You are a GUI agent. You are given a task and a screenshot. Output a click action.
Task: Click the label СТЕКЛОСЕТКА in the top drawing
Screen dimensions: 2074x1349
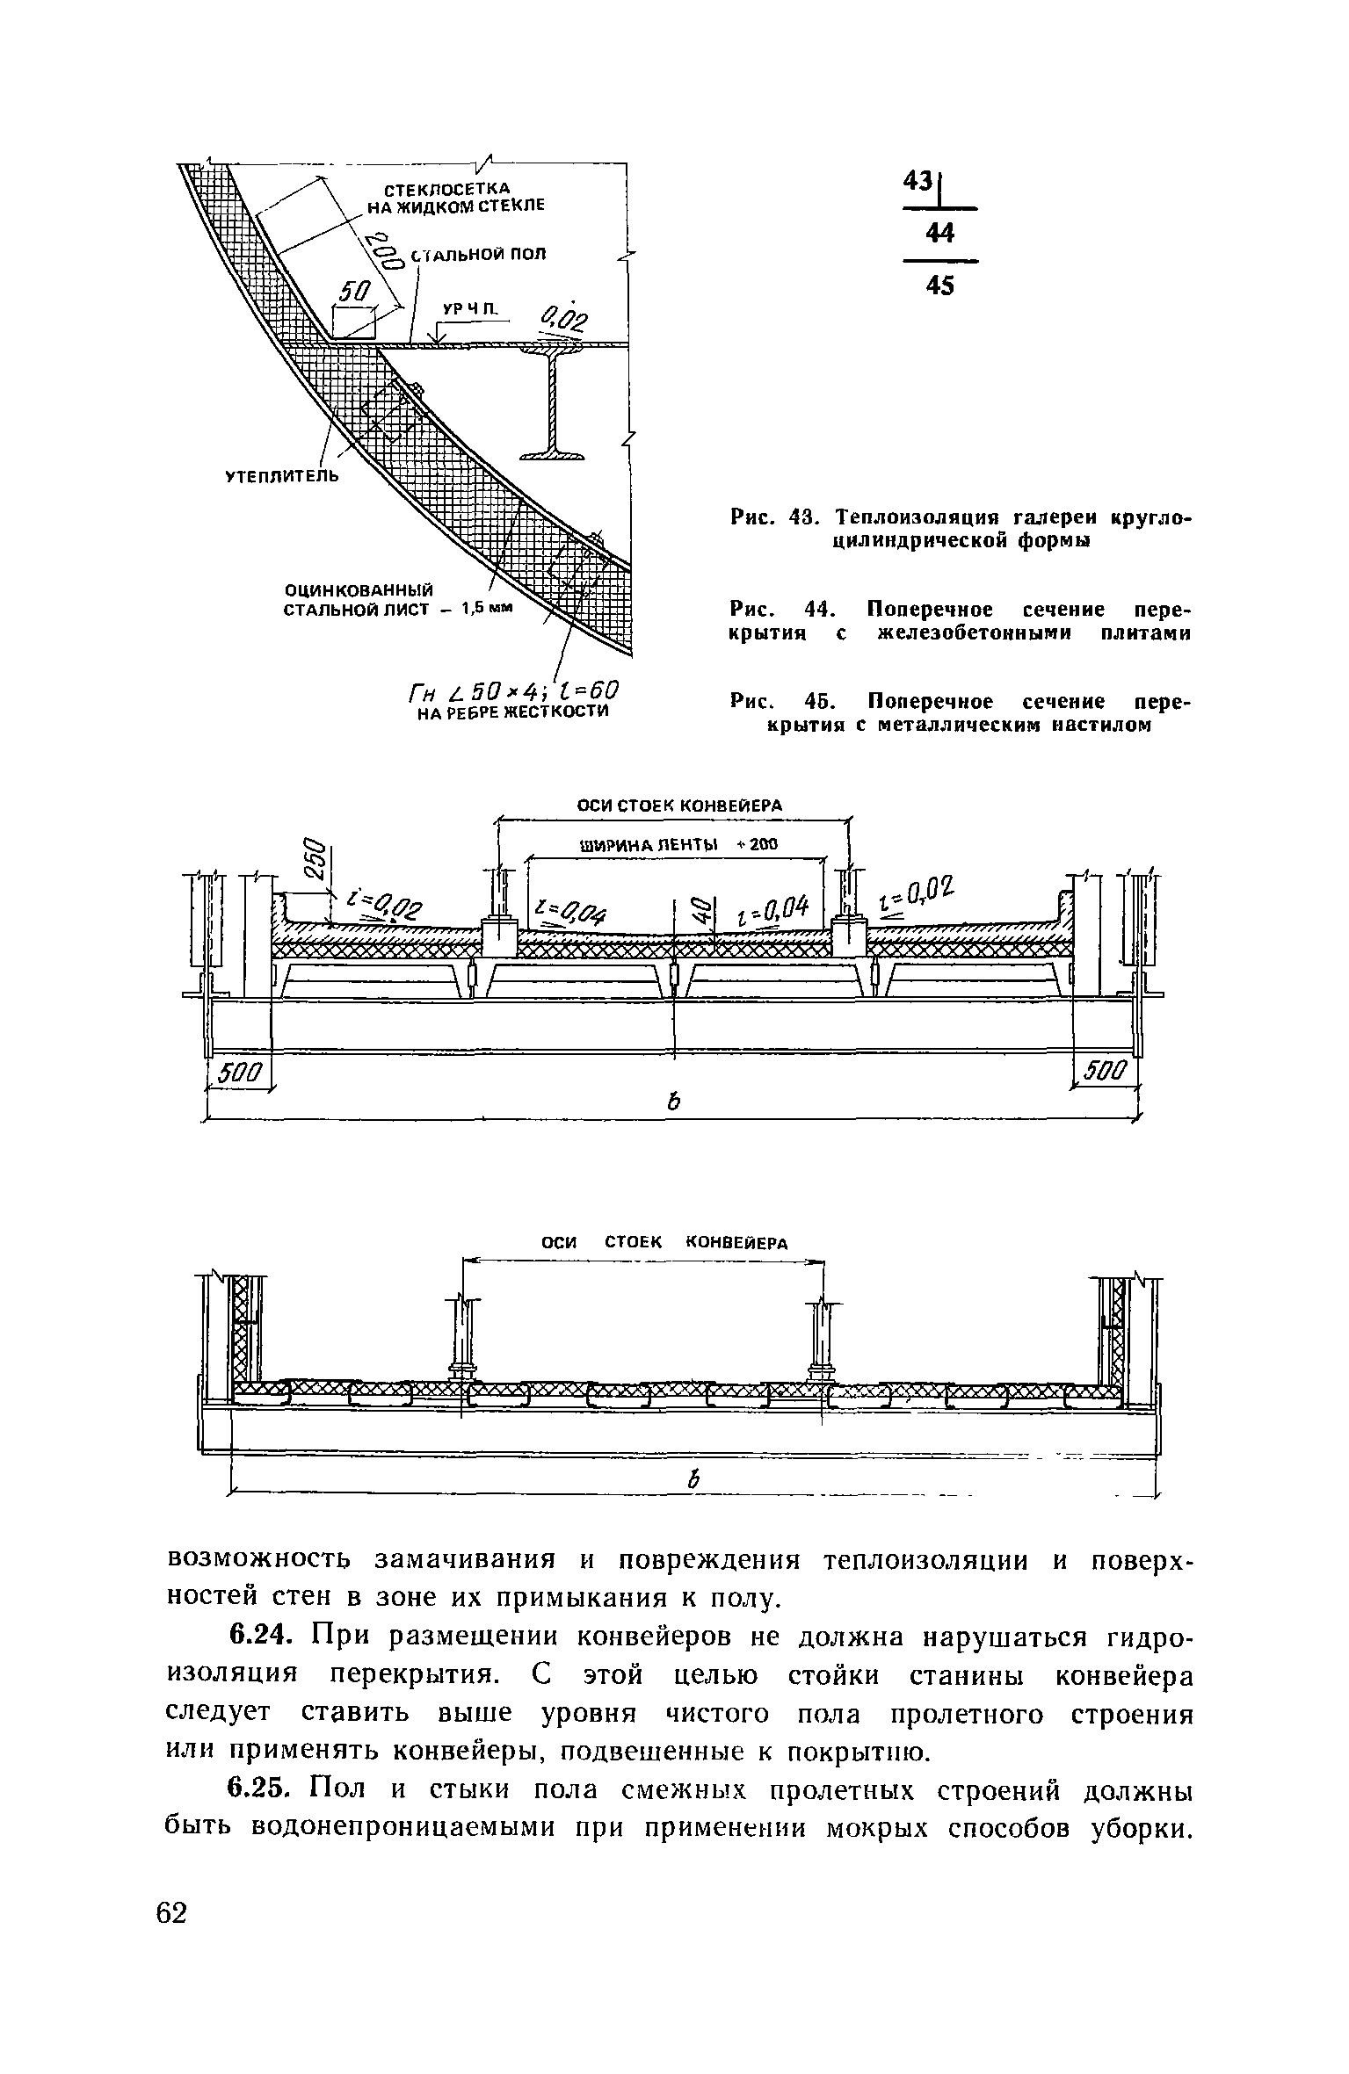(446, 189)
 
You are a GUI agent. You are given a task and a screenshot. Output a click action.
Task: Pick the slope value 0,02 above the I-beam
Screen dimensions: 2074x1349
(567, 321)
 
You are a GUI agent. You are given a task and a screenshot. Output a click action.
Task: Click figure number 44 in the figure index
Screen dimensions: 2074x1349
(939, 233)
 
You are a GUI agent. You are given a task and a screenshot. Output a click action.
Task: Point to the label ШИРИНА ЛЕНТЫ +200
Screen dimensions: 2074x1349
(678, 846)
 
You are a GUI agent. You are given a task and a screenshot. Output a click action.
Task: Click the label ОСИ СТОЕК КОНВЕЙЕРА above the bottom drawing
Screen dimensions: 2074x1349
(663, 1242)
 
